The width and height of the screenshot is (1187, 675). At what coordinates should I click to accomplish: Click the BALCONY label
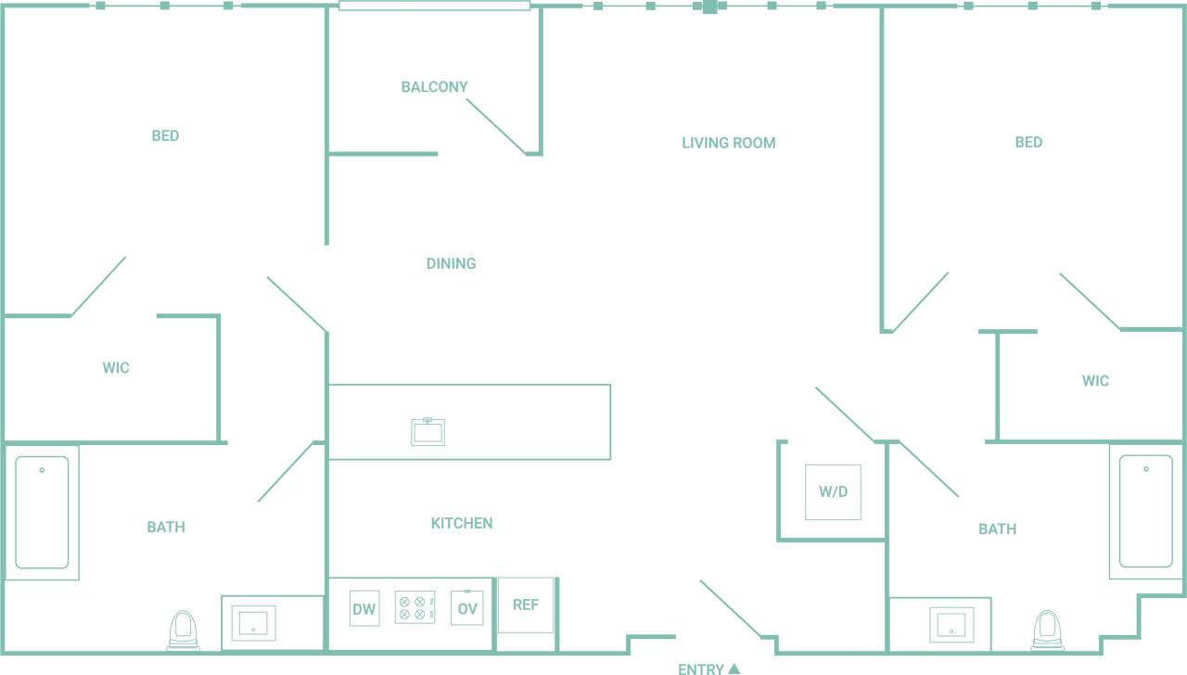(x=434, y=87)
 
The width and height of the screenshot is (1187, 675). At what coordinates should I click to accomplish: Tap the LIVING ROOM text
(x=728, y=143)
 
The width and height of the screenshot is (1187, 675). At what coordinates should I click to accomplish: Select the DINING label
(x=451, y=263)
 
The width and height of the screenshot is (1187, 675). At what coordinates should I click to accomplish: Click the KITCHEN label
(x=461, y=524)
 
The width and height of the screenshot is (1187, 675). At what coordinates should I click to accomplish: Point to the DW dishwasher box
(x=364, y=608)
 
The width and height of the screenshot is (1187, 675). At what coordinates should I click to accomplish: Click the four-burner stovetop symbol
(x=415, y=608)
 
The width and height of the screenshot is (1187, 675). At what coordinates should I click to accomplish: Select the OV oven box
(x=466, y=608)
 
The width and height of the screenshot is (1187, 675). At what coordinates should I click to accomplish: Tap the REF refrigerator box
(x=525, y=605)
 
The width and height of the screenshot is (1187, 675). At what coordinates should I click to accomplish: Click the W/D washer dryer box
(x=833, y=492)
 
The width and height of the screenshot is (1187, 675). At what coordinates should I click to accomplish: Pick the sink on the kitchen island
(x=428, y=432)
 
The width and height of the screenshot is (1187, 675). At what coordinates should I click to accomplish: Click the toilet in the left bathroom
(x=184, y=630)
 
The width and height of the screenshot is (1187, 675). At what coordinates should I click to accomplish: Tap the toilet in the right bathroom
(x=1048, y=630)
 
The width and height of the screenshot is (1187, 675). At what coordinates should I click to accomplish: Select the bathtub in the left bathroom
(x=42, y=512)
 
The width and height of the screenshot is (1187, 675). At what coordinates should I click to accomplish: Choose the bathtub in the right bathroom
(x=1145, y=511)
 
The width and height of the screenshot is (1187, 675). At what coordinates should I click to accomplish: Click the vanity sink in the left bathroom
(x=252, y=623)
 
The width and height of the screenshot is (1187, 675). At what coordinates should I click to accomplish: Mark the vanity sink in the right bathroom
(x=951, y=624)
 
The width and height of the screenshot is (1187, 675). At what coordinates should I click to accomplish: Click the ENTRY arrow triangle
(x=734, y=669)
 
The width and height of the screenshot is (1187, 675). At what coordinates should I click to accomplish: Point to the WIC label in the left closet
(x=116, y=368)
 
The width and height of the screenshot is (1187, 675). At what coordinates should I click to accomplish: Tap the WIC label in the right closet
(x=1095, y=381)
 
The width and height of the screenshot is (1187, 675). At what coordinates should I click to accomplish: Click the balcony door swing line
(x=495, y=126)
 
